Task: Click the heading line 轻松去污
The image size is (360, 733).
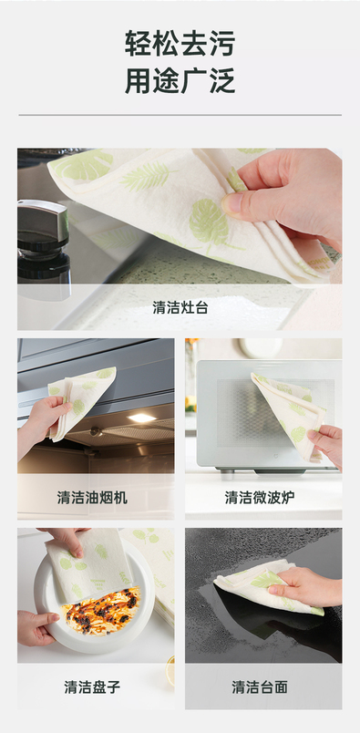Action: (180, 44)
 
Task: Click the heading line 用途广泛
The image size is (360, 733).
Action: (180, 80)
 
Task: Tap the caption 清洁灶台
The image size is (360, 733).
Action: (180, 307)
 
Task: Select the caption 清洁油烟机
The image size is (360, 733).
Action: (92, 497)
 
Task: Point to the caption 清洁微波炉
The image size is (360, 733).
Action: (260, 497)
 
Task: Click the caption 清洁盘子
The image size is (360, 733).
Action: (92, 687)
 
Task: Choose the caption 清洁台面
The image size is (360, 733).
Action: (260, 687)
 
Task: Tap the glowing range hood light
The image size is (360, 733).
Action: (141, 418)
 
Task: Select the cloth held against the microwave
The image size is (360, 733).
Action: (286, 414)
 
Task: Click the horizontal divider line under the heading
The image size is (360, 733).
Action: (180, 115)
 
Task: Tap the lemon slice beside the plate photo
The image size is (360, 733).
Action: (170, 670)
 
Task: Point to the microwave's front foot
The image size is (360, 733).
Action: (227, 474)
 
